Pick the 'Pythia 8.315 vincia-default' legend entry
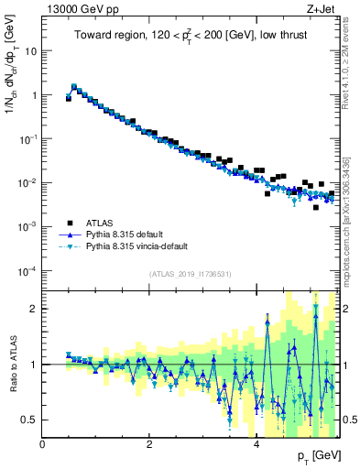[146, 246]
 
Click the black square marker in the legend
[69, 223]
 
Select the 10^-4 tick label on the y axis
[27, 270]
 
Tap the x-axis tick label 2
[149, 445]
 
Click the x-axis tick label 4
[256, 445]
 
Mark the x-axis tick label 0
[43, 445]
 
